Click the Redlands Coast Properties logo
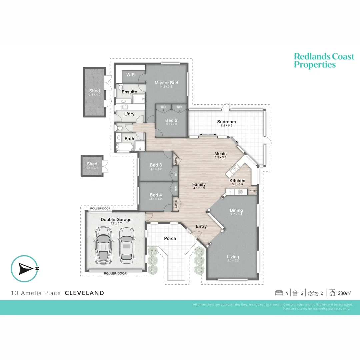pyautogui.click(x=324, y=61)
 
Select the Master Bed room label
pyautogui.click(x=166, y=83)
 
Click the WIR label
pyautogui.click(x=130, y=75)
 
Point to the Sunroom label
pyautogui.click(x=226, y=122)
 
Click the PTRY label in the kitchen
pyautogui.click(x=252, y=191)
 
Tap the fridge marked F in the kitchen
pyautogui.click(x=230, y=192)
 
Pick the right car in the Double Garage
pyautogui.click(x=126, y=244)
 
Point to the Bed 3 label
pyautogui.click(x=156, y=165)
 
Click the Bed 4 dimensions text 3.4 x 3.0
pyautogui.click(x=156, y=199)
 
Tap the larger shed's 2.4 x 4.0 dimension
pyautogui.click(x=94, y=95)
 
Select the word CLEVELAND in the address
pyautogui.click(x=84, y=293)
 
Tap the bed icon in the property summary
pyautogui.click(x=279, y=293)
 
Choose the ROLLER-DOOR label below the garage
pyautogui.click(x=115, y=273)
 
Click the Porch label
pyautogui.click(x=170, y=238)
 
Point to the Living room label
pyautogui.click(x=233, y=257)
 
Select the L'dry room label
pyautogui.click(x=129, y=114)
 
